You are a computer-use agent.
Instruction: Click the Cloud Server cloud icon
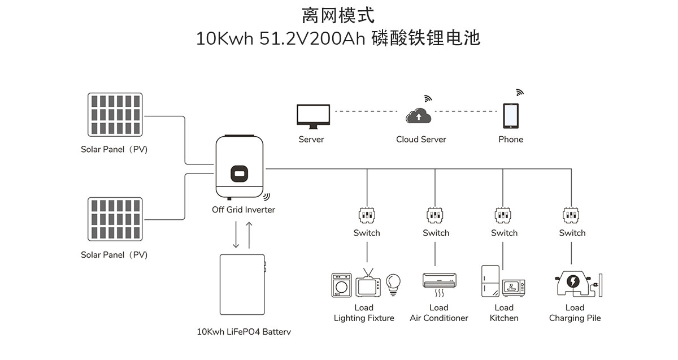(419, 115)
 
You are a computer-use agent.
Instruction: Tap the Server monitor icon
(314, 116)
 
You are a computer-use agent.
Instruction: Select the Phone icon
(511, 115)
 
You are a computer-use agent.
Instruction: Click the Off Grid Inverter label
(244, 210)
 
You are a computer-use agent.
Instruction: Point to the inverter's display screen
(239, 172)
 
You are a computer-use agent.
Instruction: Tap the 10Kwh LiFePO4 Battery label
(244, 332)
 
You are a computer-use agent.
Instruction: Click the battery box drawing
(242, 285)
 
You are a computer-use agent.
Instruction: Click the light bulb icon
(393, 283)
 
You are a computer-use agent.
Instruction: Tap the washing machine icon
(341, 286)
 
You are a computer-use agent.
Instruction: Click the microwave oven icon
(514, 286)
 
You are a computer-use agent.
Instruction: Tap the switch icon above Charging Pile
(572, 215)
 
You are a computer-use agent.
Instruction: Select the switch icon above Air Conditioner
(435, 215)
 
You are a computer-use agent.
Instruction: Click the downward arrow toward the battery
(237, 235)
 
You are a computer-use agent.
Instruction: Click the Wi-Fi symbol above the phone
(519, 93)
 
